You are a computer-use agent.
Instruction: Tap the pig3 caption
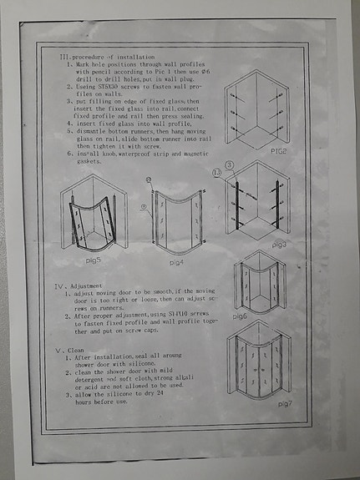pos(278,245)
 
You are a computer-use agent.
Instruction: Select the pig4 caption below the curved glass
pos(177,262)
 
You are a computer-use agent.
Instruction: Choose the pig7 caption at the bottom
pos(283,403)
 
